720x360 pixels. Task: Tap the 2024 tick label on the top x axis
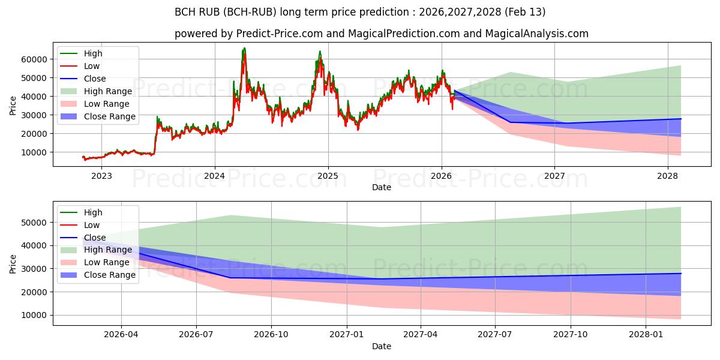(x=214, y=176)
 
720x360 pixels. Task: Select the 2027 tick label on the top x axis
(x=554, y=176)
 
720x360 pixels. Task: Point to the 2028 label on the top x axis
(x=668, y=176)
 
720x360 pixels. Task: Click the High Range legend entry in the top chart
(x=107, y=91)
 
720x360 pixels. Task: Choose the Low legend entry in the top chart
(x=92, y=66)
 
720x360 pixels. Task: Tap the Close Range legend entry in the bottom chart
(x=110, y=275)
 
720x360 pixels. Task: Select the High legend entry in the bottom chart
(x=93, y=212)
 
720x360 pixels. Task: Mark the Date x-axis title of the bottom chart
(x=382, y=346)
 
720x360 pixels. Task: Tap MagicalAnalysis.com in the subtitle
(x=537, y=34)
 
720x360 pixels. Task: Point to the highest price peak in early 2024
(x=244, y=48)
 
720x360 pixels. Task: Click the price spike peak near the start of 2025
(x=320, y=52)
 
